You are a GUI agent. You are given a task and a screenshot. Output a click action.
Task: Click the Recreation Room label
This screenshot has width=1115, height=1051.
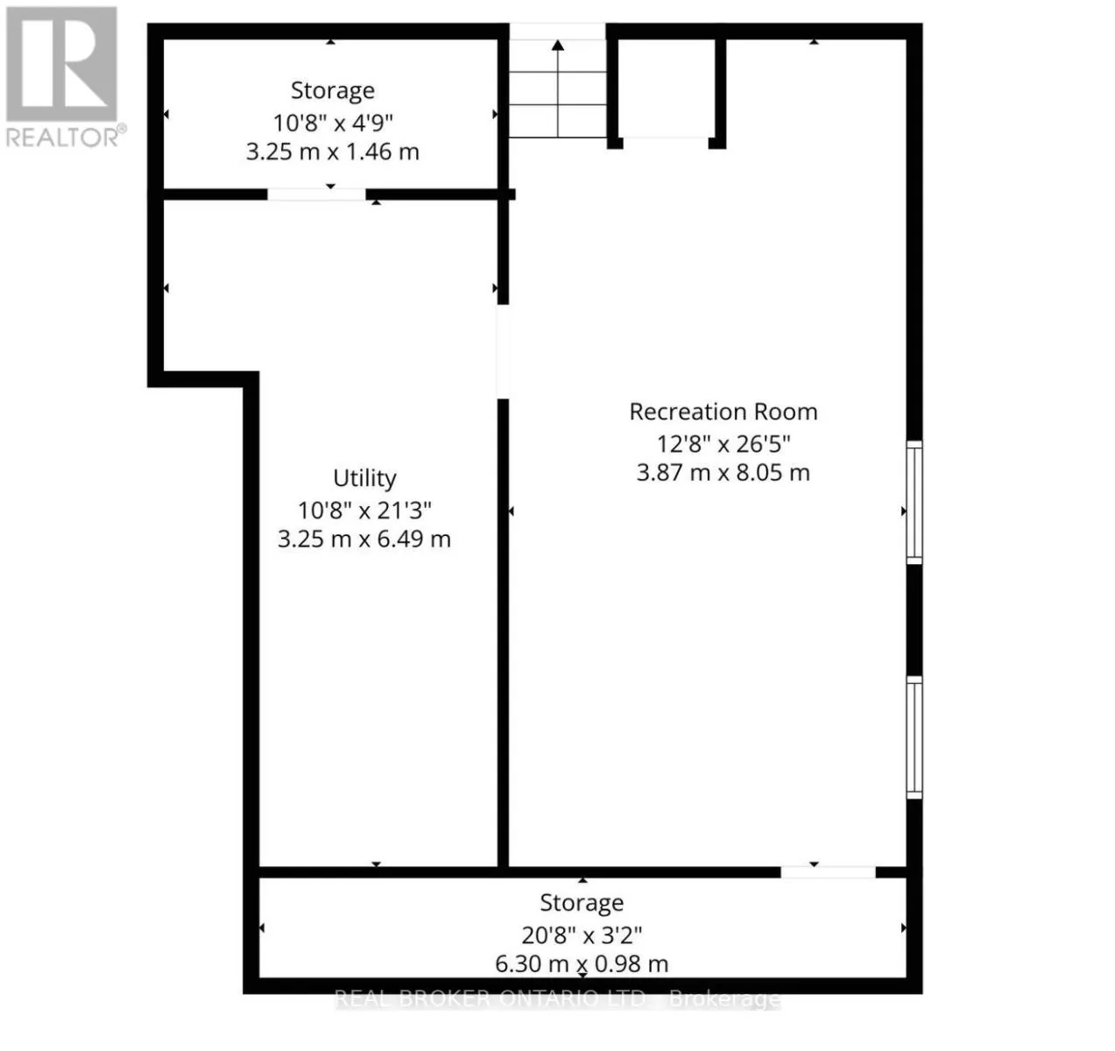pos(723,413)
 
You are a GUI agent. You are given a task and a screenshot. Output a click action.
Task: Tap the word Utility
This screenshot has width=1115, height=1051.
pos(365,478)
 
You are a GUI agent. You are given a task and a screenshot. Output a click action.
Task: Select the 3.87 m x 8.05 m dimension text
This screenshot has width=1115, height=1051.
pos(723,473)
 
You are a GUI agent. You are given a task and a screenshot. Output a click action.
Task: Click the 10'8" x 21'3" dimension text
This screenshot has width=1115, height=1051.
pos(364,511)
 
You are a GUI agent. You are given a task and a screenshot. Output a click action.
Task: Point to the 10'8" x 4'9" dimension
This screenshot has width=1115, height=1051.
pos(333,123)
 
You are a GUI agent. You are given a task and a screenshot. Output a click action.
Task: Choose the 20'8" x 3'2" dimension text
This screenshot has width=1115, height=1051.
pos(582,935)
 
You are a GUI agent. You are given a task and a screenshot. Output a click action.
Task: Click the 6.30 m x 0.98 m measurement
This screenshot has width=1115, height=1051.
pos(582,964)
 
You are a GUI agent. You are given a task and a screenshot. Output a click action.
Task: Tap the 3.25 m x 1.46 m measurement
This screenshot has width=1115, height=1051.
pos(333,152)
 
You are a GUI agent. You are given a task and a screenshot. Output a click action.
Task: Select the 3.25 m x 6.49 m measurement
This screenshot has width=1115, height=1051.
pos(364,539)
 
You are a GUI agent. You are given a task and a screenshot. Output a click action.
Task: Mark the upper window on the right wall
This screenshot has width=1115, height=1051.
pos(914,503)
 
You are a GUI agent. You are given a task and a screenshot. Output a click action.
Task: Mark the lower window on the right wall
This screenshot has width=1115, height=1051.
pos(914,737)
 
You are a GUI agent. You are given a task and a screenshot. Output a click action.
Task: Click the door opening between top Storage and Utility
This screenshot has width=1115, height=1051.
pos(317,194)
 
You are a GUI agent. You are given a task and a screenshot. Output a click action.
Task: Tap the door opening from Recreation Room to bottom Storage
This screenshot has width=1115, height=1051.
pos(828,872)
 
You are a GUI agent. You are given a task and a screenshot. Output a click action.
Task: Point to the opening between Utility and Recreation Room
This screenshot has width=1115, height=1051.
pos(503,351)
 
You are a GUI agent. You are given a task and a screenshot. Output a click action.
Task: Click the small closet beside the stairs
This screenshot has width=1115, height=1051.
pos(667,88)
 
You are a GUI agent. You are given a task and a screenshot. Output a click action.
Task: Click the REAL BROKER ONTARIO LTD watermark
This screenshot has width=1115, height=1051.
pos(557,998)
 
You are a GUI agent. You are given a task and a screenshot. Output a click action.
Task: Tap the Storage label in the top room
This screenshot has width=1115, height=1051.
pos(333,90)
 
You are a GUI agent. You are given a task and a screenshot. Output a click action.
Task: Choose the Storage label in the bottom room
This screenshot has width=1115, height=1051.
pos(582,903)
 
